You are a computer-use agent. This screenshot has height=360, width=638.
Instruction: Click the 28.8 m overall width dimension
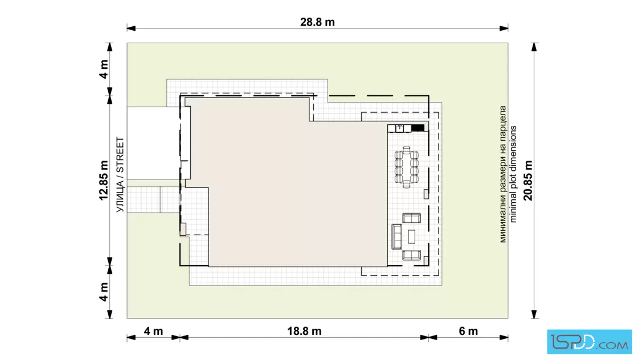point(317,22)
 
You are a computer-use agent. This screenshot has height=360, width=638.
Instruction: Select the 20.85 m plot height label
point(528,181)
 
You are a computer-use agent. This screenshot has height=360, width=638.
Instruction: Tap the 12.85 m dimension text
point(104,181)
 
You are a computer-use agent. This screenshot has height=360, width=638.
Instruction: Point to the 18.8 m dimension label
point(304,331)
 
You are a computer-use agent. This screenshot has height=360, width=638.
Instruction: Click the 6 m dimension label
point(468,331)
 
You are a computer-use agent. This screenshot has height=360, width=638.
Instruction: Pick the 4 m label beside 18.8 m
point(153,331)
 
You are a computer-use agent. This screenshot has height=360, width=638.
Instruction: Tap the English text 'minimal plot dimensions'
point(513,174)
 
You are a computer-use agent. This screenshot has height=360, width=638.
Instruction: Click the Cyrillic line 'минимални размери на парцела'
point(503,174)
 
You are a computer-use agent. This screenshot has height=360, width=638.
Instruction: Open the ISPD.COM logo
point(589,342)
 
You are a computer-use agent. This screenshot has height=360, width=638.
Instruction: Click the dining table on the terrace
point(407,167)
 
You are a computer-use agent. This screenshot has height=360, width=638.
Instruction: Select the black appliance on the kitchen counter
point(418,128)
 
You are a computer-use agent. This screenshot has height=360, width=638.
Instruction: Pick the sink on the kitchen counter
point(399,129)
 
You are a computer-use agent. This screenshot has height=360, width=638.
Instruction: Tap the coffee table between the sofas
point(411,236)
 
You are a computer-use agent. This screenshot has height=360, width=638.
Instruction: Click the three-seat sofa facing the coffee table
point(396,236)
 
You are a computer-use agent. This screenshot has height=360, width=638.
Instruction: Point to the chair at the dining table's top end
point(407,149)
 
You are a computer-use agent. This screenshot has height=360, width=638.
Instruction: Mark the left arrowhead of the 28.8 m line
point(131,28)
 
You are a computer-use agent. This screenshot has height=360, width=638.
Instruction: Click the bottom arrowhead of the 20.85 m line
point(534,314)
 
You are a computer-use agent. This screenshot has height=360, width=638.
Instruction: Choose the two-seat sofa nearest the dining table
point(411,218)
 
